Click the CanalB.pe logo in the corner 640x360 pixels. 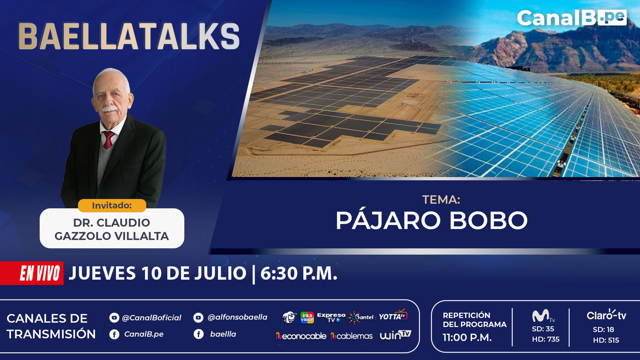[572, 18]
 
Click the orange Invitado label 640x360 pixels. [112, 205]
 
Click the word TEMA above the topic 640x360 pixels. [441, 200]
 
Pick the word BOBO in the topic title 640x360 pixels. [489, 220]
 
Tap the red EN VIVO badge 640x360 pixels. [32, 273]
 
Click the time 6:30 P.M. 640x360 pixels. [299, 273]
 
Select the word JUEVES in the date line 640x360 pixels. [102, 273]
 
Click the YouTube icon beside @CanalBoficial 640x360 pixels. [114, 318]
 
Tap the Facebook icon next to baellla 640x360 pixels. [199, 334]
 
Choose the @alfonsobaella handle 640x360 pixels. [237, 317]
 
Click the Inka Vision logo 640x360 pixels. [307, 317]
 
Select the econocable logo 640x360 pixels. [301, 336]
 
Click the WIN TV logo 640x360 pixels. [395, 335]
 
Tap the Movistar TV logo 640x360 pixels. [543, 316]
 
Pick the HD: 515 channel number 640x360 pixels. [606, 340]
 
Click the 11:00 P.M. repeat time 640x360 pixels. [467, 338]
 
